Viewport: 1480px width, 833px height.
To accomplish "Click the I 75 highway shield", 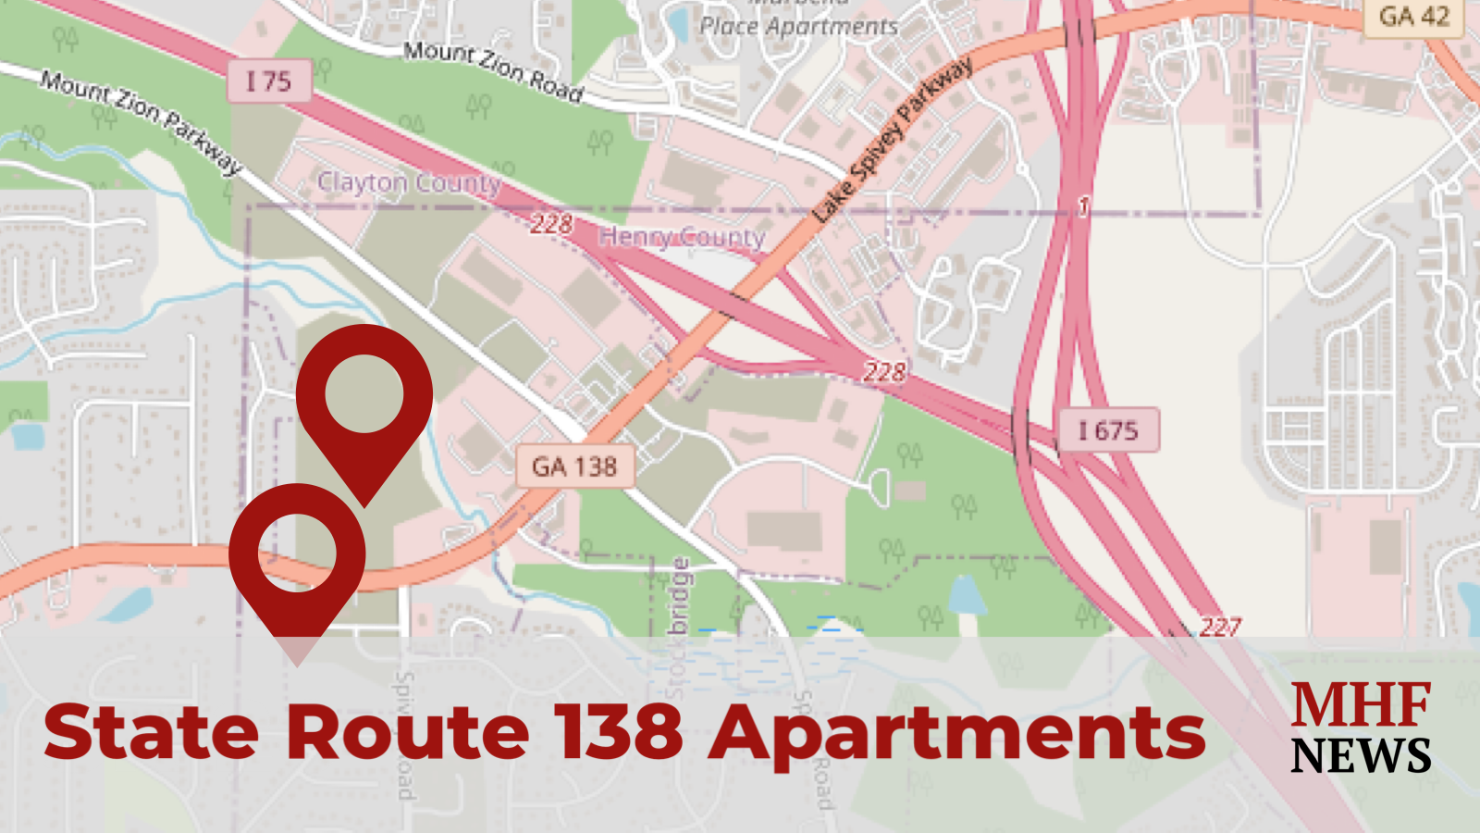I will [x=268, y=81].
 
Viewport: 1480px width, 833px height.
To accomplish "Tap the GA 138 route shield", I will [x=574, y=466].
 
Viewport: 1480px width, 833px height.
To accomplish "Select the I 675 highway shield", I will [x=1107, y=430].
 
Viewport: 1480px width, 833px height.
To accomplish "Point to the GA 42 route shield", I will [x=1413, y=17].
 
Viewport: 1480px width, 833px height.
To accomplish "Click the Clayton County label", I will [x=409, y=182].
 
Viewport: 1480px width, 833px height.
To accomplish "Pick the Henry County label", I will [x=682, y=237].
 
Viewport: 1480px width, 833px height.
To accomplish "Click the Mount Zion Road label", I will [x=493, y=70].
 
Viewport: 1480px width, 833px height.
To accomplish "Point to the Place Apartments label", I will [x=798, y=26].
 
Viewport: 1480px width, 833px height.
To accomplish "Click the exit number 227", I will [x=1219, y=627].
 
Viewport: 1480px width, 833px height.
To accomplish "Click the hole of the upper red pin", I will [x=364, y=393].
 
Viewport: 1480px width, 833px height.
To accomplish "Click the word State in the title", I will [x=151, y=732].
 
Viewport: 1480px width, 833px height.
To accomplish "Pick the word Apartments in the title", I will [x=957, y=734].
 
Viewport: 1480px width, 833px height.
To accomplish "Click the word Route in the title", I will [x=408, y=732].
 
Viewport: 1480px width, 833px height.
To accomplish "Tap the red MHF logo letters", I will [x=1362, y=705].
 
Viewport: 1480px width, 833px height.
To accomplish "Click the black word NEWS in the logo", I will [x=1362, y=756].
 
